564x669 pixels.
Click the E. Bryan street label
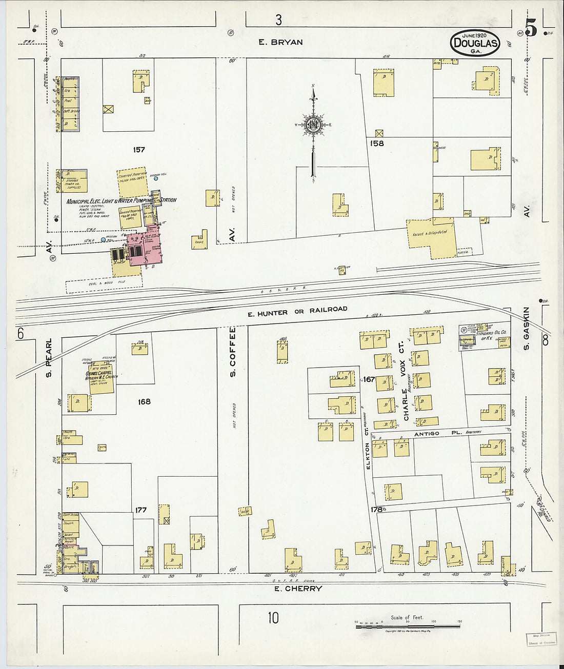[x=280, y=42]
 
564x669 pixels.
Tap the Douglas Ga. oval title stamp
[x=475, y=43]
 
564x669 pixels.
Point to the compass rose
[x=313, y=125]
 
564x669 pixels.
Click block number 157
[x=138, y=150]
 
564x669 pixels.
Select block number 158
[x=377, y=144]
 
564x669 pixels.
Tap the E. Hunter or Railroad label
[x=297, y=311]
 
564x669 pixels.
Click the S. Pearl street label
[x=49, y=357]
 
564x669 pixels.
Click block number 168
[x=144, y=401]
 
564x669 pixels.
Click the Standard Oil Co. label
[x=491, y=335]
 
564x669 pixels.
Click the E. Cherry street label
[x=298, y=589]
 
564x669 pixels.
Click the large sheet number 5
[x=531, y=28]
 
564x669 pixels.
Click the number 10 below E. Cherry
[x=273, y=618]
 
